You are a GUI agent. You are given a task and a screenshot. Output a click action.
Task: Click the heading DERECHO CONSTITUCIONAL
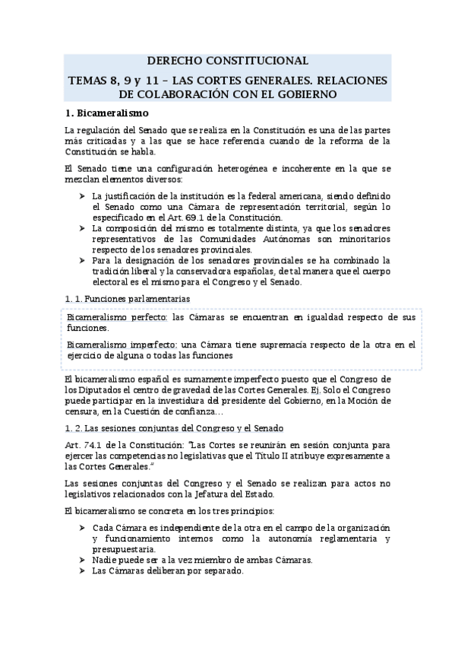point(227,61)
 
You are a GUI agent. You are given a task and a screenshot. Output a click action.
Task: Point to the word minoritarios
point(363,239)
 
